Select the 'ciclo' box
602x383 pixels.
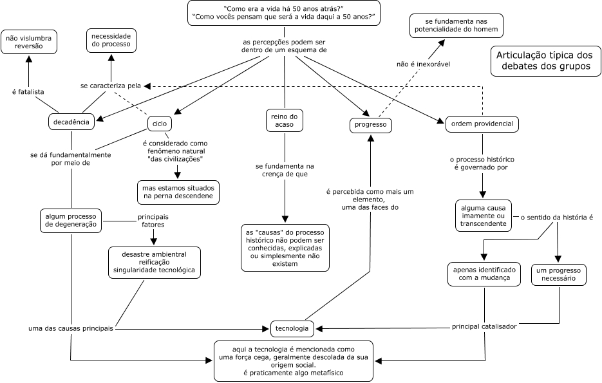pyautogui.click(x=159, y=123)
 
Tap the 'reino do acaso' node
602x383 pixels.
pyautogui.click(x=284, y=120)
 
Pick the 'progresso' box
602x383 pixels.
pyautogui.click(x=371, y=126)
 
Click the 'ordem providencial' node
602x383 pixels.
pyautogui.click(x=482, y=124)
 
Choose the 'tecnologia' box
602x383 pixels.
pyautogui.click(x=292, y=328)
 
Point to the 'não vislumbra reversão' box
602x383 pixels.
pyautogui.click(x=28, y=42)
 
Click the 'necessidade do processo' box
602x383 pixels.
pyautogui.click(x=111, y=40)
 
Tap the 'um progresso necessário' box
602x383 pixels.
pyautogui.click(x=559, y=274)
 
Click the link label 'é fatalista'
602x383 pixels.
pyautogui.click(x=28, y=92)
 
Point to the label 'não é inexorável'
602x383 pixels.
pyautogui.click(x=423, y=64)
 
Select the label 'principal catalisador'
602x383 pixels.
pyautogui.click(x=484, y=326)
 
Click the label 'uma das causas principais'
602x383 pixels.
pyautogui.click(x=71, y=328)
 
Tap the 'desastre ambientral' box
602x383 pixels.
pyautogui.click(x=155, y=263)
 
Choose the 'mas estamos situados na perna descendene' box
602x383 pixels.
pyautogui.click(x=178, y=191)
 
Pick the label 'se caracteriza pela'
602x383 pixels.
pyautogui.click(x=111, y=85)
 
